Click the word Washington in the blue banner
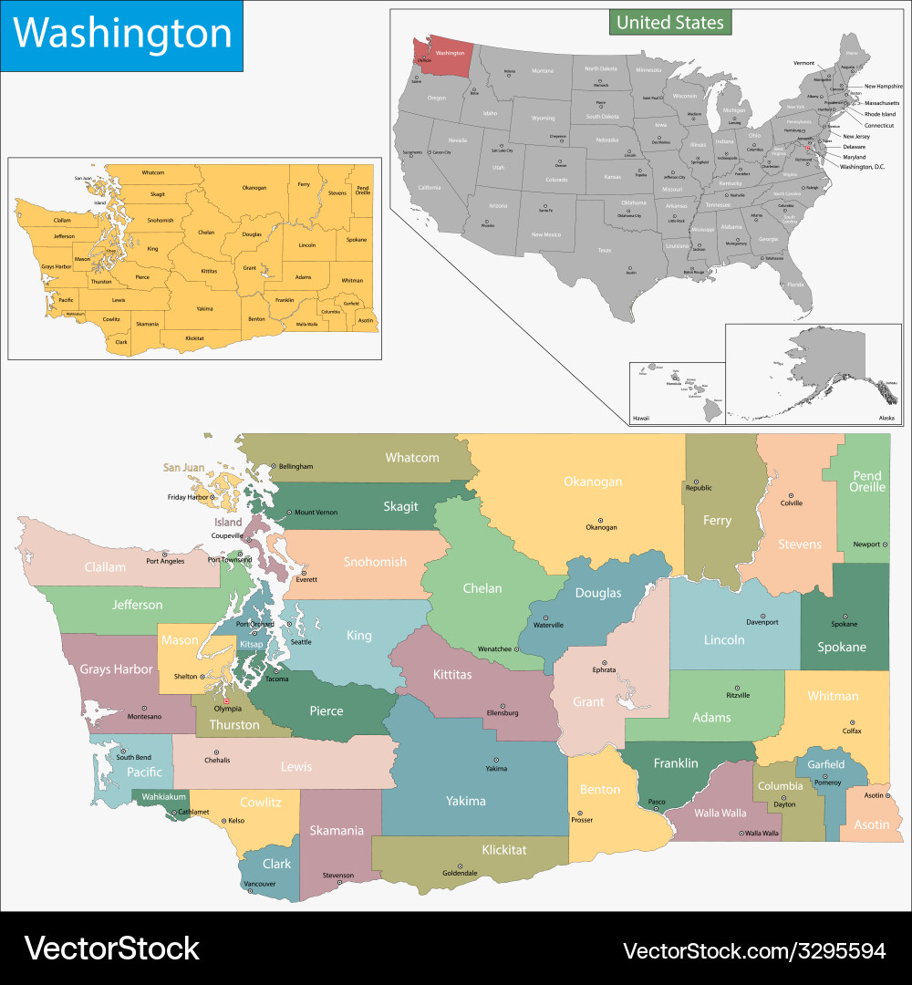122,35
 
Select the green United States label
670,23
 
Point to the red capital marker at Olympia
227,700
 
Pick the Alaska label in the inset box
886,417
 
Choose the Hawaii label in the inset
642,418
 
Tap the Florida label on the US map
796,285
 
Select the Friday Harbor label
189,497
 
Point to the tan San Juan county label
183,468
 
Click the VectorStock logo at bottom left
111,949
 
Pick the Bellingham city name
295,466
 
